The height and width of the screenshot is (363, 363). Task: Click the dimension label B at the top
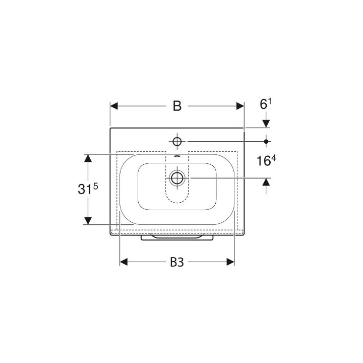click(177, 106)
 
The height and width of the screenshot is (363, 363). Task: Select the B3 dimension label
click(177, 262)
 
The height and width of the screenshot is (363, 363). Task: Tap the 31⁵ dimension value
click(88, 189)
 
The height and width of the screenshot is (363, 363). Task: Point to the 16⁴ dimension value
click(266, 160)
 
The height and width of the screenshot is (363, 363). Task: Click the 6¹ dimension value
click(266, 104)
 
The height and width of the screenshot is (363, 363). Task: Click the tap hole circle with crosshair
click(177, 141)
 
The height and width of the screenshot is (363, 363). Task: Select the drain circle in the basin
click(177, 178)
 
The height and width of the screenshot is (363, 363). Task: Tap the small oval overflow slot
click(177, 156)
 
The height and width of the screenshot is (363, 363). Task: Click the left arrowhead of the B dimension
click(114, 106)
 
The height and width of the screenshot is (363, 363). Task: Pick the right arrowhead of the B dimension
click(240, 106)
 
